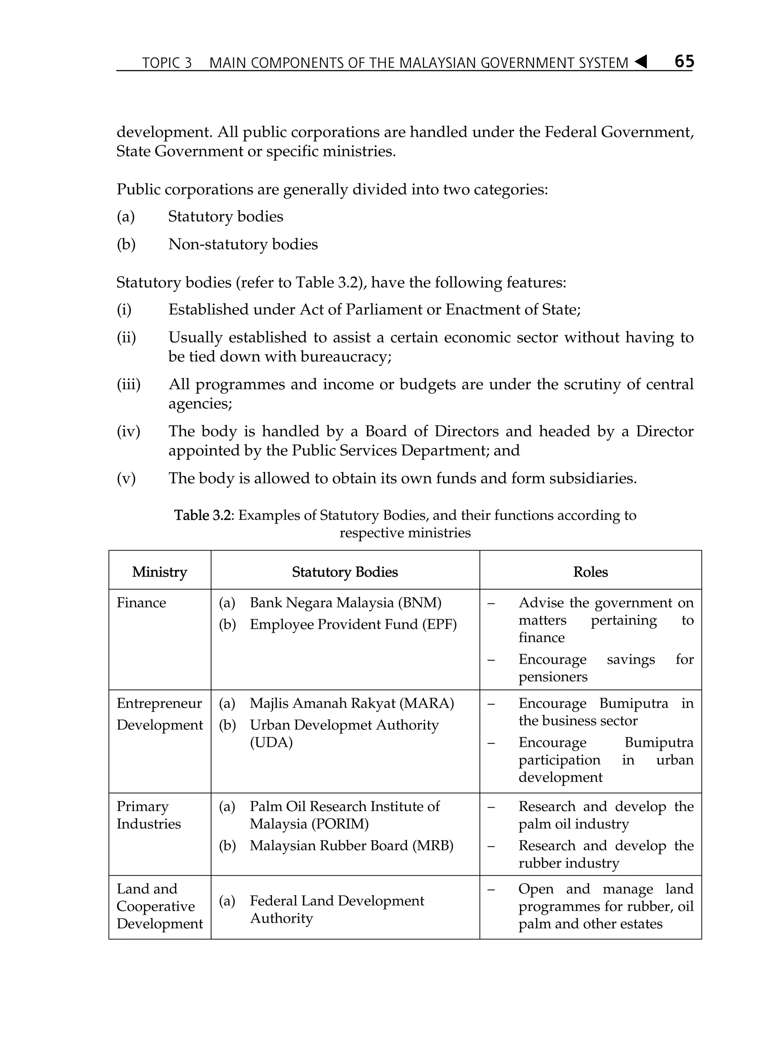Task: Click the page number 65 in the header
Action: pos(684,62)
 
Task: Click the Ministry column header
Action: pos(160,571)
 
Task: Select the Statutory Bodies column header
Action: pos(345,571)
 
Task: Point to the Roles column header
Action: pos(590,571)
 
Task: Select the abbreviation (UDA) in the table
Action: pos(271,743)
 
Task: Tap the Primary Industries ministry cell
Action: pos(148,815)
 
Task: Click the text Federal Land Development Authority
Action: pos(336,909)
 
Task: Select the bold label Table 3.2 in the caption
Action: pos(202,515)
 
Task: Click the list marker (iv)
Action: pos(128,431)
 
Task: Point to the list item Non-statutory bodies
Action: pos(243,244)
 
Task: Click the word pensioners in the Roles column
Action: pos(552,677)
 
